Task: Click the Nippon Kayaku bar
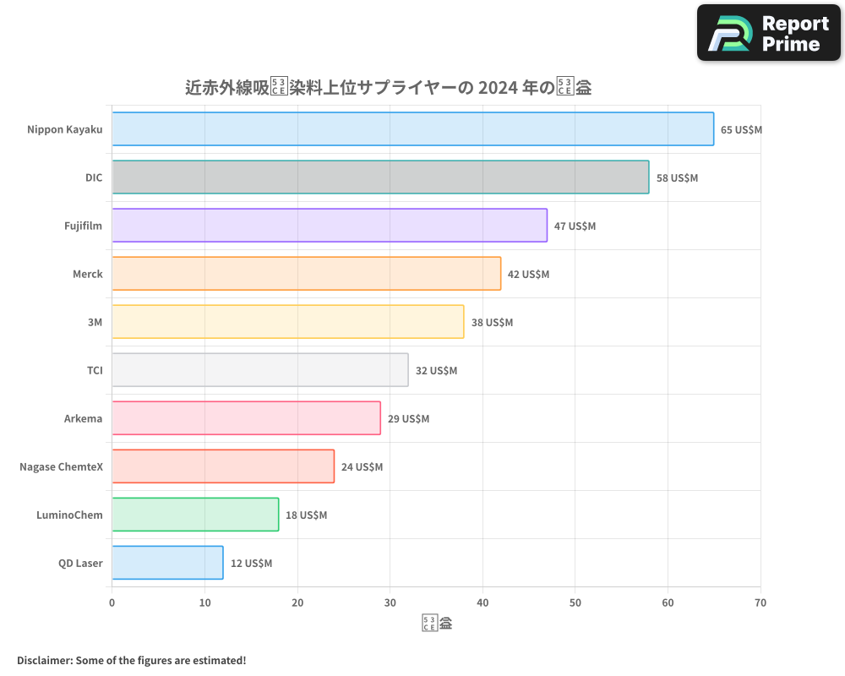412,129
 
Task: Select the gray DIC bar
380,177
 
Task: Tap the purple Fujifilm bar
330,226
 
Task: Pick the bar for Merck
306,274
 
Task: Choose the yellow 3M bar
287,322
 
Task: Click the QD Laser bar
167,563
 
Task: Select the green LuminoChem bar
195,515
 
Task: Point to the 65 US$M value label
741,130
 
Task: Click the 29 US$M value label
408,419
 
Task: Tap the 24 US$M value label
362,467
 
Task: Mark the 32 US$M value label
436,371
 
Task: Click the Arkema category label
83,419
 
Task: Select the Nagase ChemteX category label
61,467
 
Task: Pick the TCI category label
94,371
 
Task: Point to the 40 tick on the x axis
482,602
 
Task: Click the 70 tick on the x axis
760,602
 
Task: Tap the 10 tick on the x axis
204,602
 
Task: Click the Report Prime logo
768,33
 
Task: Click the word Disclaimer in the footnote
44,660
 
